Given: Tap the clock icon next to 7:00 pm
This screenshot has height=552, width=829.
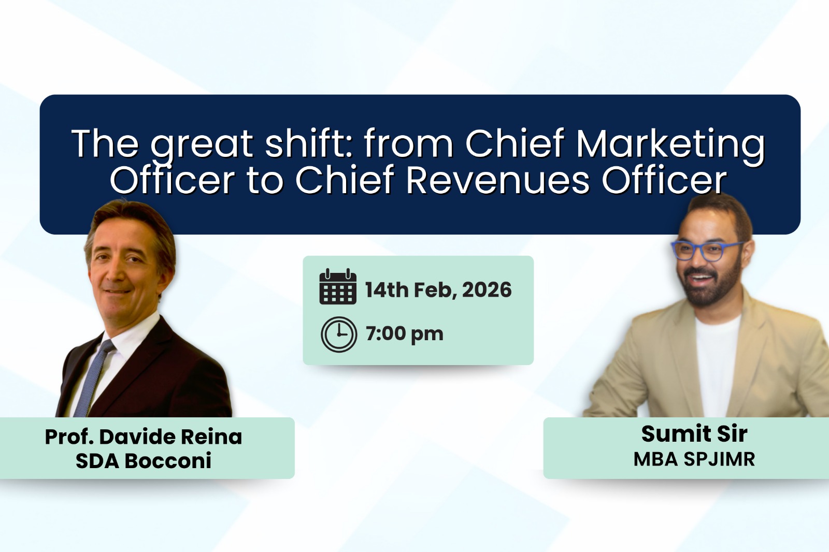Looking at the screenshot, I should click(x=339, y=334).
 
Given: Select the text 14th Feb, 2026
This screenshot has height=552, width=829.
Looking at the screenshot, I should click(x=438, y=290).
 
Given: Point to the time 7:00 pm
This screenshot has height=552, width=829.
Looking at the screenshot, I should click(x=404, y=334).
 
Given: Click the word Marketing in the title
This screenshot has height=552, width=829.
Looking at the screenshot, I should click(x=670, y=144).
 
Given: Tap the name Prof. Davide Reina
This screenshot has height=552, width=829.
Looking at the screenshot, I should click(x=144, y=437).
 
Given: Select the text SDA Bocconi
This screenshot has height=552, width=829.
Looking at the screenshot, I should click(x=144, y=460).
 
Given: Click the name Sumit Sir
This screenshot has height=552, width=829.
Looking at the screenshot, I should click(x=694, y=433).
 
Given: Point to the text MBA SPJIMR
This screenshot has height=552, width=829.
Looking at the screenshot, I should click(x=694, y=459).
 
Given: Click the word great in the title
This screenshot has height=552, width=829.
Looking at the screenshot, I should click(x=202, y=144).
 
